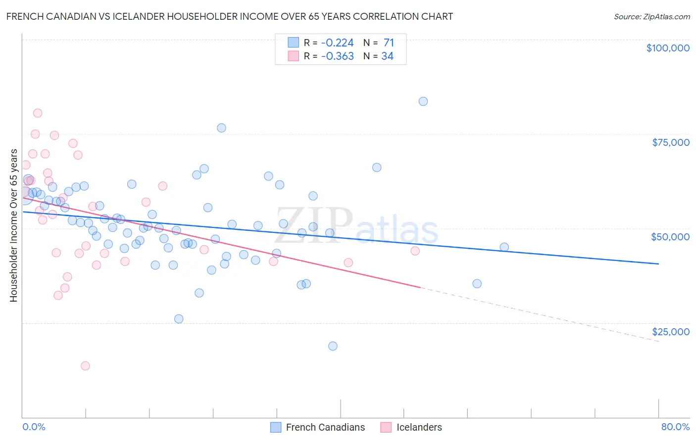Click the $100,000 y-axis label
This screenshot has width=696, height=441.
click(x=668, y=48)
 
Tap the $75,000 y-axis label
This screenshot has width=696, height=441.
click(x=670, y=142)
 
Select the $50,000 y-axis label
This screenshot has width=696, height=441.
click(x=670, y=237)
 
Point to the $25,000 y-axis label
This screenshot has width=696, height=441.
click(x=670, y=331)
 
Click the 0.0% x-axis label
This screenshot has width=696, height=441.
click(x=34, y=427)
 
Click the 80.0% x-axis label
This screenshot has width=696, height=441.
click(x=675, y=427)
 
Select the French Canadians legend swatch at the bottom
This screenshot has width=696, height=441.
click(x=276, y=427)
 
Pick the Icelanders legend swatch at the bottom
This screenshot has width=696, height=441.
click(x=386, y=427)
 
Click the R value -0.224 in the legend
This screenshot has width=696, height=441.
click(x=337, y=43)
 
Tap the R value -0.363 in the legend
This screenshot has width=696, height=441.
click(x=337, y=56)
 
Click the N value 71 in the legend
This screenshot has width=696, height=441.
click(x=389, y=43)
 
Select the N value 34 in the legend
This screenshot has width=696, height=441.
click(x=387, y=56)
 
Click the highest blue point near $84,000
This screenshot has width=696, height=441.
click(x=423, y=101)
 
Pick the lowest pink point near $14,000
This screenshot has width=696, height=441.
click(x=85, y=366)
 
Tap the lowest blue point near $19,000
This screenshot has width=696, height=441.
click(x=333, y=346)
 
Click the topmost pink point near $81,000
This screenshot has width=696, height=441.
click(x=38, y=113)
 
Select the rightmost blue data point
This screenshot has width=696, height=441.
click(x=504, y=247)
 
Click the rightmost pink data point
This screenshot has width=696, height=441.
click(x=415, y=251)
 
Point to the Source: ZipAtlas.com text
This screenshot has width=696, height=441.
click(x=651, y=17)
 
